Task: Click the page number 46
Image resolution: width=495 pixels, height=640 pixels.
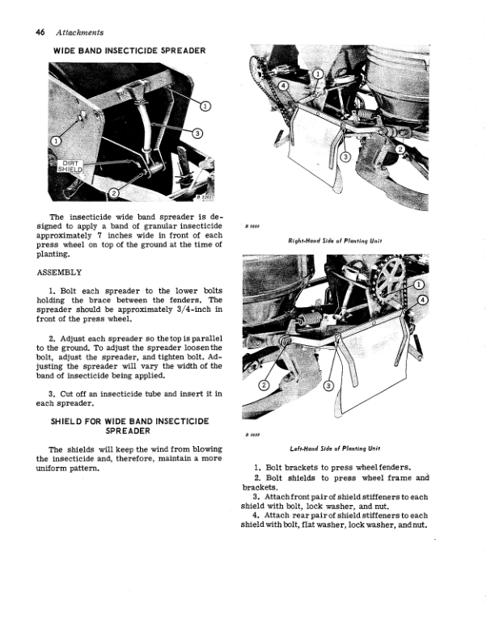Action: [40, 32]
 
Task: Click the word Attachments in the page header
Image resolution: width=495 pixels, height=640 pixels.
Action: [79, 32]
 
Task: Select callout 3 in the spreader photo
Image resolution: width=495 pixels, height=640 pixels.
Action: [197, 133]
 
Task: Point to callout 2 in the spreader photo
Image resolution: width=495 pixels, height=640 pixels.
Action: [114, 192]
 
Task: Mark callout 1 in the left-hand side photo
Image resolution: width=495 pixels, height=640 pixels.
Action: [419, 285]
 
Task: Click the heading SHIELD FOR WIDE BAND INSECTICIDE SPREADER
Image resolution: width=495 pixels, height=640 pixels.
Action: [130, 426]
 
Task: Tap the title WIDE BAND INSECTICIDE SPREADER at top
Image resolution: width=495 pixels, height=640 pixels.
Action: [129, 50]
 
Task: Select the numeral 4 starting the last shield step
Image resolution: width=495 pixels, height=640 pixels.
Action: [255, 516]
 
